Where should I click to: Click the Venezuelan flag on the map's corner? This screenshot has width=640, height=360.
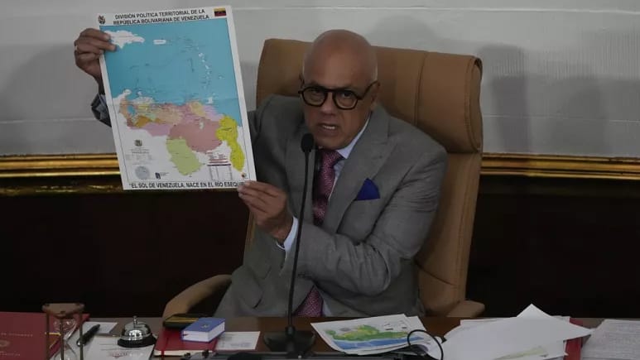(220, 12)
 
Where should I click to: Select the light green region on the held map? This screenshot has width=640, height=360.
(183, 155)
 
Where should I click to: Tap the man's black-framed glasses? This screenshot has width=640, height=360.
(337, 95)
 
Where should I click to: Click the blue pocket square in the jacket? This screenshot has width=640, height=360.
(367, 190)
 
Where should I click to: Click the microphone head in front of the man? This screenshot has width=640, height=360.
(307, 142)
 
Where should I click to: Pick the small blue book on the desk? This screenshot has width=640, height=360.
(203, 329)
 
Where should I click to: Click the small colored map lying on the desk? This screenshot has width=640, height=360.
(369, 333)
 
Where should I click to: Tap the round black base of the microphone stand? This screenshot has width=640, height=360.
(289, 341)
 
